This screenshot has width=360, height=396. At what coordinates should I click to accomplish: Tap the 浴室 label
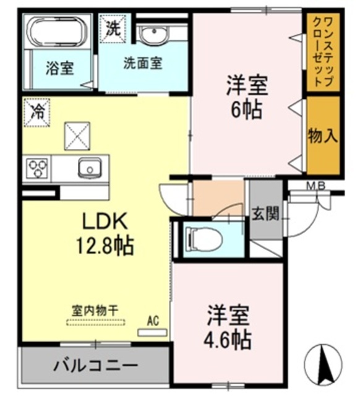coord(59,68)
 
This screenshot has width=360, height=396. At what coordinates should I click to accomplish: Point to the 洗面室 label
coord(142,63)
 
